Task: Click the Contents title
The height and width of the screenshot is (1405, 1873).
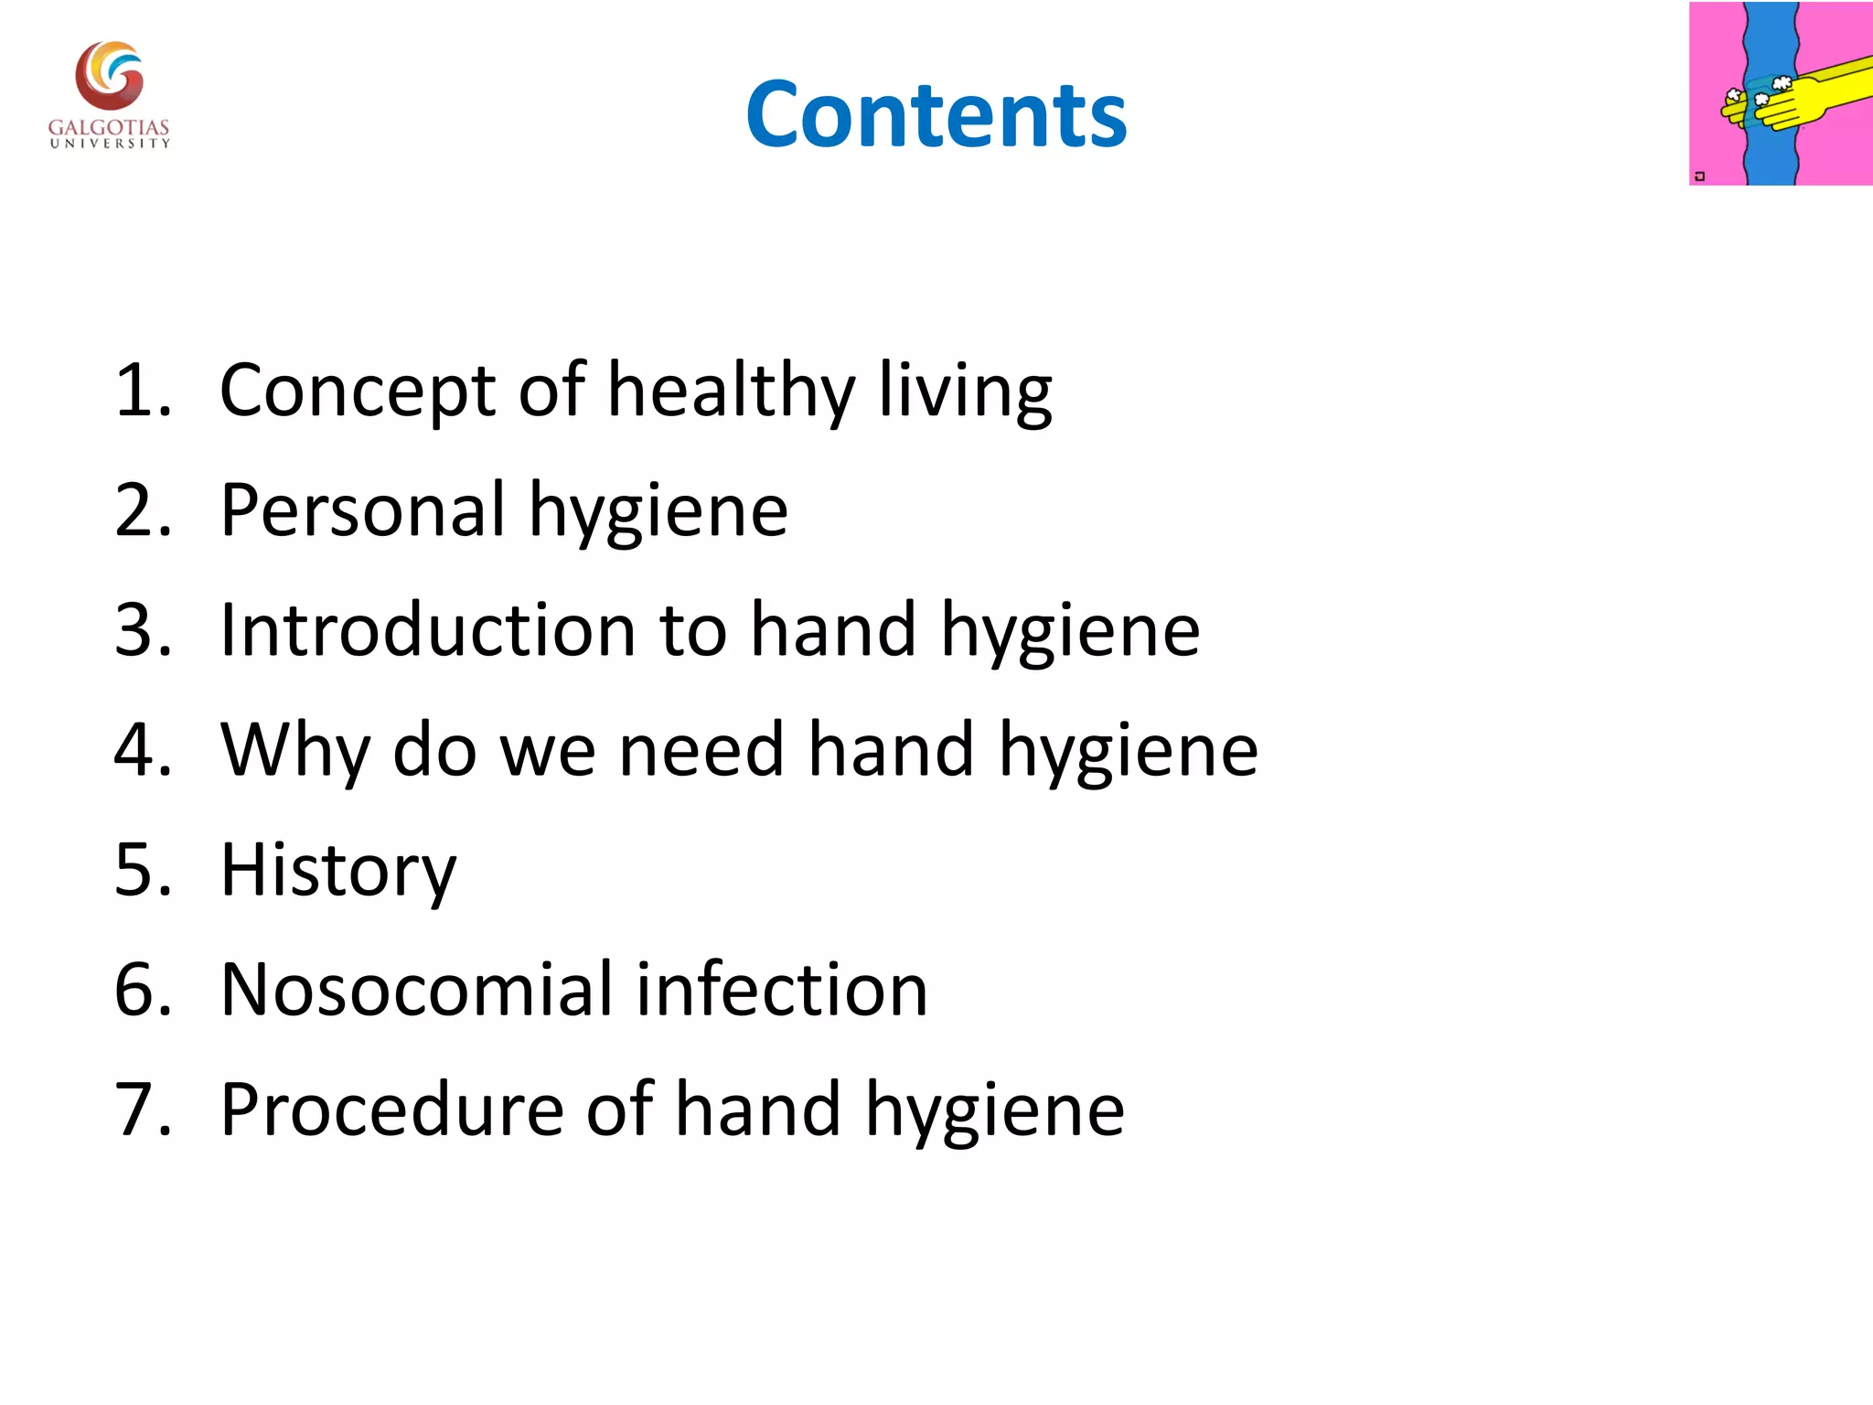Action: point(936,115)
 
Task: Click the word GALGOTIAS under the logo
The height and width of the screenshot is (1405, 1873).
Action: point(109,127)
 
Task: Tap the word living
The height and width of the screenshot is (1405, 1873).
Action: point(965,391)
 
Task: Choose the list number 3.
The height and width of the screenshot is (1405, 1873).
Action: point(142,630)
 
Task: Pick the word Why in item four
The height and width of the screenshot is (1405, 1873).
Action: point(294,750)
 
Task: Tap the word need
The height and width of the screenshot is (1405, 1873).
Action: point(701,750)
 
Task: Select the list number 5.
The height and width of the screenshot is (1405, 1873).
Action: point(142,870)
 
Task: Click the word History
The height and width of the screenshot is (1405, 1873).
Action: point(337,870)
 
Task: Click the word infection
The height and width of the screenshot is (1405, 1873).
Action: point(782,990)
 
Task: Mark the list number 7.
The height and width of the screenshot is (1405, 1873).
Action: point(142,1110)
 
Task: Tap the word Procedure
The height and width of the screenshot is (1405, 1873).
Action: point(391,1110)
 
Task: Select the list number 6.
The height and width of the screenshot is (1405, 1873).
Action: point(142,990)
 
